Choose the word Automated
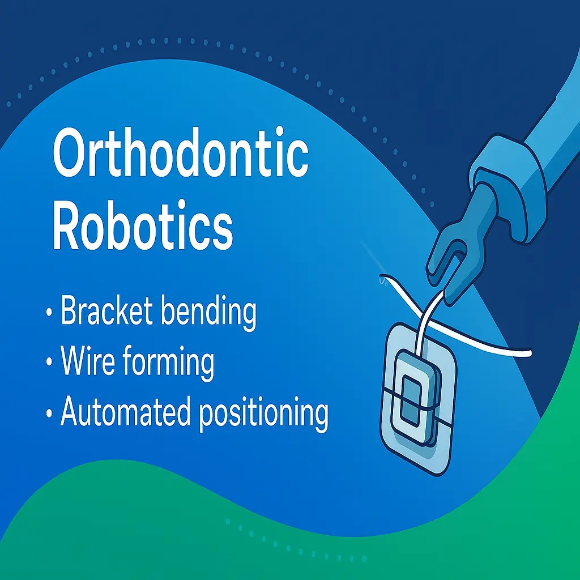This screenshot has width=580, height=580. pyautogui.click(x=124, y=413)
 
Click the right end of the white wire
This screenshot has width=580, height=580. pyautogui.click(x=530, y=355)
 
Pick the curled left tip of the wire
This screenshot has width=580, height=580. pyautogui.click(x=383, y=279)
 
